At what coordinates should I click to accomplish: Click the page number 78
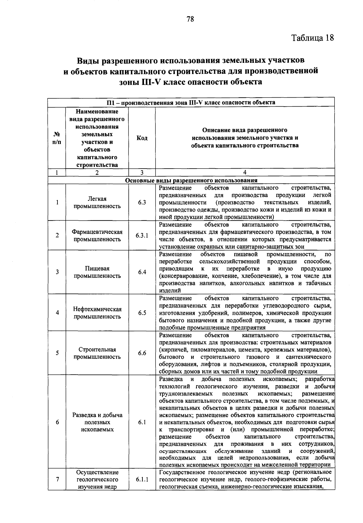click(190, 19)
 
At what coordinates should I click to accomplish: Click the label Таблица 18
click(312, 38)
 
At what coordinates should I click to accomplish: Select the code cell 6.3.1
click(142, 236)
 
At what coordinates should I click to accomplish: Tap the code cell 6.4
click(142, 272)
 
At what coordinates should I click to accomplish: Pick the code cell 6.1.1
click(142, 479)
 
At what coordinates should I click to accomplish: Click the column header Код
click(142, 138)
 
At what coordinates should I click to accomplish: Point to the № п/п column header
click(57, 138)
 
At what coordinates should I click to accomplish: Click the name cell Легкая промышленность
click(97, 202)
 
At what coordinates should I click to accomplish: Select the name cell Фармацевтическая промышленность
click(97, 236)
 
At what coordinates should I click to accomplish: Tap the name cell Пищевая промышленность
click(97, 272)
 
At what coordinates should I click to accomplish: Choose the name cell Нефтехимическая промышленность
click(97, 313)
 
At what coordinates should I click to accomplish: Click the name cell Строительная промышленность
click(97, 353)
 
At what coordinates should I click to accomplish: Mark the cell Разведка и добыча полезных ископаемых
click(97, 422)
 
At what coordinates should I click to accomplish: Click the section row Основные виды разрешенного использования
click(191, 180)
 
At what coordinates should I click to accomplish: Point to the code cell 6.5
click(142, 313)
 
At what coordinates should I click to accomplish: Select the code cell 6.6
click(142, 353)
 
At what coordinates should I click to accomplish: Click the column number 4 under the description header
click(245, 173)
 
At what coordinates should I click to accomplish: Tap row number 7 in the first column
click(57, 479)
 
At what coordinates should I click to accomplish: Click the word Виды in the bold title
click(88, 60)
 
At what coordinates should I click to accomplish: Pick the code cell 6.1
click(142, 422)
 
